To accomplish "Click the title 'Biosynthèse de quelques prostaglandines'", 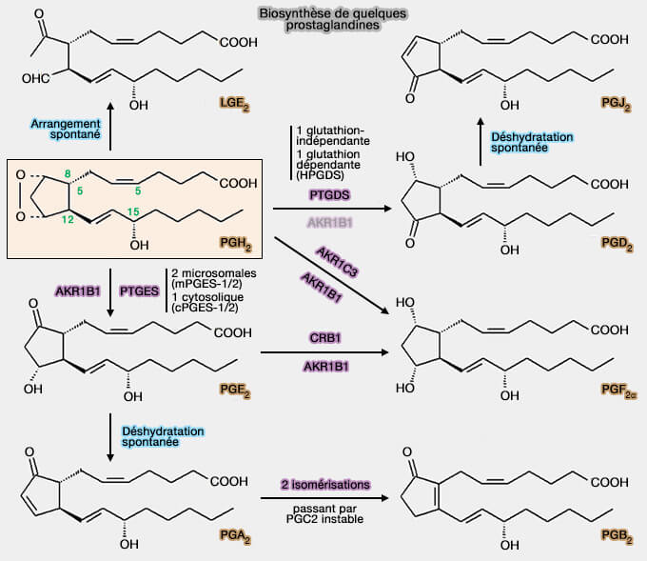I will coord(318,20).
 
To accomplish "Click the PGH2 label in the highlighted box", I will coord(234,245).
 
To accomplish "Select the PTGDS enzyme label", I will coord(329,194).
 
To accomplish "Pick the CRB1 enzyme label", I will coord(329,337).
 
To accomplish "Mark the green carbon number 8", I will coord(68,172).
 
